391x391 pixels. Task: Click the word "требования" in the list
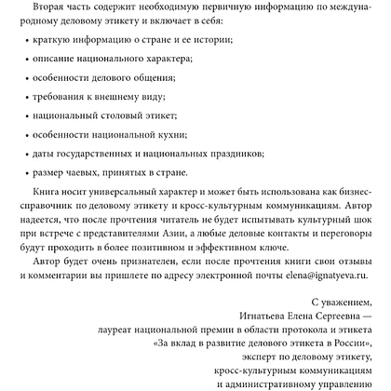[x=61, y=121]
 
